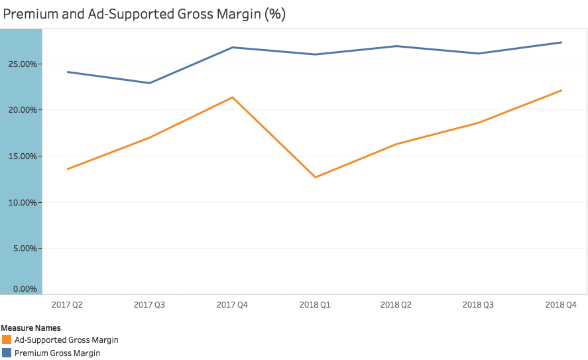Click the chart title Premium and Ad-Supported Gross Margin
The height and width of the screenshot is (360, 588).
145,14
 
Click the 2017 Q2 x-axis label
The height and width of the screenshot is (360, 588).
67,305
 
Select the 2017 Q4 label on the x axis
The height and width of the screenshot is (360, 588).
232,305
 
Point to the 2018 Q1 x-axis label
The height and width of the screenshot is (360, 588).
315,305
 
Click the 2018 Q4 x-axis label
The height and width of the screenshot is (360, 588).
561,305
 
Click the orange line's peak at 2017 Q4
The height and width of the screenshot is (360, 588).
232,97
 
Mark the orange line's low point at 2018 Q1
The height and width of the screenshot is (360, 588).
315,177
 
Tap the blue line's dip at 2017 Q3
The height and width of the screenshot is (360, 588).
149,83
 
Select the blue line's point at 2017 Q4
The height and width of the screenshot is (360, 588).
232,47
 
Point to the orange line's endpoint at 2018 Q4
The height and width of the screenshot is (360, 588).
561,90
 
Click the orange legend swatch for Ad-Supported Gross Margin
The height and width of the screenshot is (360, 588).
7,340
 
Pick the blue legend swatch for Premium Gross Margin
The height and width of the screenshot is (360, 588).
7,353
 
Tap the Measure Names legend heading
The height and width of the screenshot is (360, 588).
31,328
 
